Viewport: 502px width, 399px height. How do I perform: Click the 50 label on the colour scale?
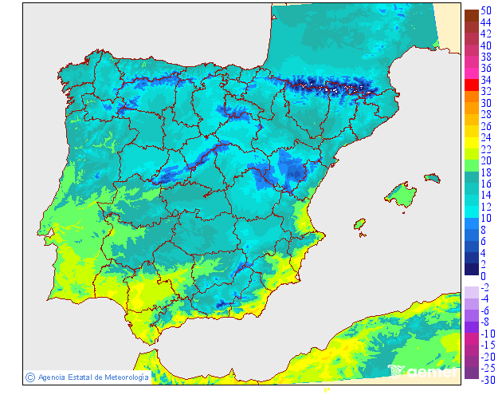(x=485, y=12)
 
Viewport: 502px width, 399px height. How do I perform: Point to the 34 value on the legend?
(x=485, y=80)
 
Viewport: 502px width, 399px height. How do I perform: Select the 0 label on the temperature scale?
(x=482, y=276)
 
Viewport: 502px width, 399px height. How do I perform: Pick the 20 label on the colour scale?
(x=485, y=160)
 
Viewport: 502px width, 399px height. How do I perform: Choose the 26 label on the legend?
(x=485, y=126)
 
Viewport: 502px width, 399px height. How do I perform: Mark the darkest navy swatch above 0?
(x=471, y=268)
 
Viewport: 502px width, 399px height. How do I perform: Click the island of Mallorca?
(x=402, y=195)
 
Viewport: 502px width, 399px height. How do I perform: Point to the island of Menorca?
(x=432, y=177)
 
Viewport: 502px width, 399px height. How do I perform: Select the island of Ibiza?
(x=359, y=224)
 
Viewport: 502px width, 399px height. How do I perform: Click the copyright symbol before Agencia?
(x=29, y=377)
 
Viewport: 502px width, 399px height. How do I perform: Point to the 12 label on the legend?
(x=485, y=207)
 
